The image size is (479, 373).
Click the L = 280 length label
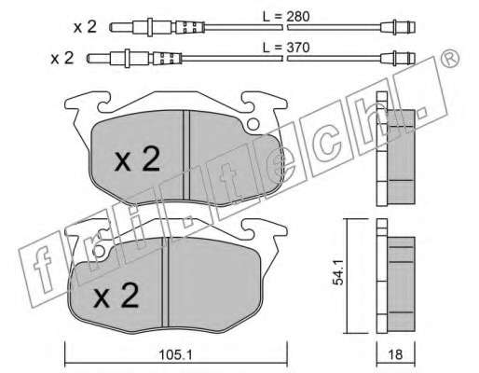coord(286,17)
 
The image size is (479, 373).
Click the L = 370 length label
coord(286,48)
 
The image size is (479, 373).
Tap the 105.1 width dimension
coord(175,354)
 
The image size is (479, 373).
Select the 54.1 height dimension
coord(337,272)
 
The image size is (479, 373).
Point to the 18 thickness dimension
coord(395,354)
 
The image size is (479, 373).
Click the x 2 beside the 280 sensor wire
coord(85,27)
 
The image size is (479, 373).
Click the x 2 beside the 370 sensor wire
coord(62,58)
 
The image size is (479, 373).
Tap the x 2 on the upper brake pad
coord(137,159)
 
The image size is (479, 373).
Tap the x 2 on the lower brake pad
coord(116,296)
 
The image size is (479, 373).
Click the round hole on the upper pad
coord(253,125)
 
